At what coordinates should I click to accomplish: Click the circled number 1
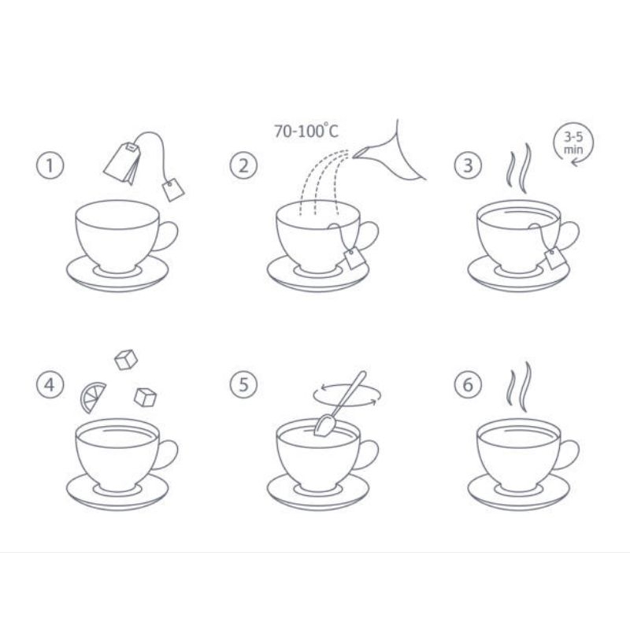coord(50,165)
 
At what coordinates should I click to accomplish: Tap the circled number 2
coord(243,165)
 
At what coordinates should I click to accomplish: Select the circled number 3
coord(468,165)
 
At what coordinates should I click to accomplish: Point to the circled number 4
coord(50,384)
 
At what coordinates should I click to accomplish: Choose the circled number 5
coord(243,384)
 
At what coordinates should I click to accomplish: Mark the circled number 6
coord(468,384)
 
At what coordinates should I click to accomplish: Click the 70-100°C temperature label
coord(306,131)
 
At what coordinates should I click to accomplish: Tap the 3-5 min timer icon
coord(573,143)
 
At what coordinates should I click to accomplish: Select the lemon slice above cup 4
coord(93,398)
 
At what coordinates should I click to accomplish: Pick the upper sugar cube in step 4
coord(126,360)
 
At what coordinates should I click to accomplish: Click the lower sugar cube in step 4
coord(145,398)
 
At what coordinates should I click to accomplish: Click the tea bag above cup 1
coord(122,163)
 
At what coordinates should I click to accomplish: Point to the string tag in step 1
coord(173,189)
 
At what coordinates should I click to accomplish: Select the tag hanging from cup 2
coord(354,258)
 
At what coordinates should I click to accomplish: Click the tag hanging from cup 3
coord(556,258)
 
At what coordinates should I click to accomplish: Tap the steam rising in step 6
coord(519,387)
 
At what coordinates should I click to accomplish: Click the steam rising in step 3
coord(519,168)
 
